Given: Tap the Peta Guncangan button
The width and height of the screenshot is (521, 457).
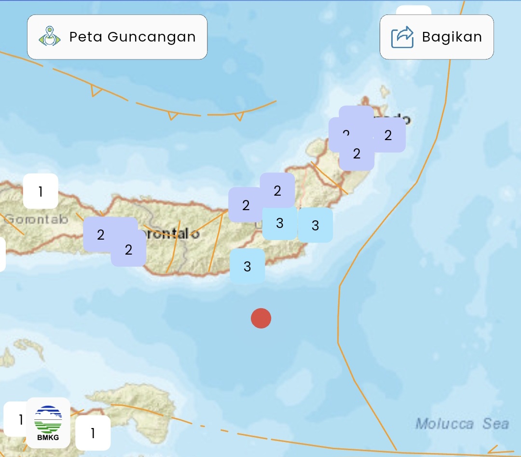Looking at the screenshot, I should (x=117, y=37).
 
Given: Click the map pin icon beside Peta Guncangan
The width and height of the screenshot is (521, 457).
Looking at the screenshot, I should (x=49, y=37).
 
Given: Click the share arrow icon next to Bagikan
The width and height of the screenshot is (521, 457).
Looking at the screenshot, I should (x=402, y=37).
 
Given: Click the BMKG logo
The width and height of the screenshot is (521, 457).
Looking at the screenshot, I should (x=48, y=422).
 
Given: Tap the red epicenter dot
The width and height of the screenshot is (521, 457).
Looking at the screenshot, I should (x=261, y=318).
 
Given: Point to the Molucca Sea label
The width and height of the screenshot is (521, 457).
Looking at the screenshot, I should (x=462, y=424).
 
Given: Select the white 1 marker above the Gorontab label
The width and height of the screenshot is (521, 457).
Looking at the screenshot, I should (x=41, y=191).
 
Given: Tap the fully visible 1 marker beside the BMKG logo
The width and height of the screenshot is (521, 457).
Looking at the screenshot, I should (x=93, y=433).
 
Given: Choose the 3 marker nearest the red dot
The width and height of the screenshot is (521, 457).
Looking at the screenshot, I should (x=247, y=266).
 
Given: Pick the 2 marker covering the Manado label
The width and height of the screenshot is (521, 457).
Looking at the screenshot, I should (x=388, y=135).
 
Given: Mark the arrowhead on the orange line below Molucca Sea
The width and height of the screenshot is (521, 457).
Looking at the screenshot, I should (x=493, y=450).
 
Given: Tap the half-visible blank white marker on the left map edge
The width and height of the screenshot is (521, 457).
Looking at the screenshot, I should (x=2, y=254).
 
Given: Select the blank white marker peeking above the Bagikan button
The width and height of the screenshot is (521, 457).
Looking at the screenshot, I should (x=413, y=10).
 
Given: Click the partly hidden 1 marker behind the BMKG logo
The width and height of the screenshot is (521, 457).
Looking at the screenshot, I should (x=14, y=419).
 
